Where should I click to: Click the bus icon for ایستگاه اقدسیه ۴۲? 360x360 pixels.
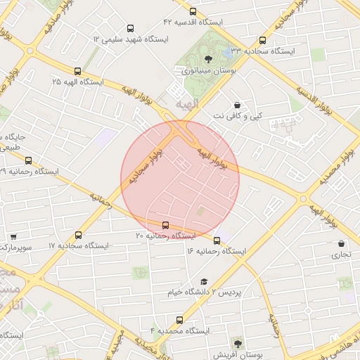(193, 11)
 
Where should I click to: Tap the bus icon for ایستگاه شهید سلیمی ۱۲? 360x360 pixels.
(130, 28)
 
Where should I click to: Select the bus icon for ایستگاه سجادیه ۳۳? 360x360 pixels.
(263, 40)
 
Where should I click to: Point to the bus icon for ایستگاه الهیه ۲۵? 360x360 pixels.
(77, 71)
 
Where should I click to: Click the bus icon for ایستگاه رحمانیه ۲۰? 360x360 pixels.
(165, 225)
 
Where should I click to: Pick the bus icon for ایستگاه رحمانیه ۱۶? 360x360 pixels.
(217, 240)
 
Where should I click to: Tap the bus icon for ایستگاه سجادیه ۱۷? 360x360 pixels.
(77, 235)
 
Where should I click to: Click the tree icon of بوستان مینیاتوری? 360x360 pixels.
(208, 59)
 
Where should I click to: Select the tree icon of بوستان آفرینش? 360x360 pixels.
(238, 344)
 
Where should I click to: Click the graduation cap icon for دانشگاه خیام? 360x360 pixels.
(203, 281)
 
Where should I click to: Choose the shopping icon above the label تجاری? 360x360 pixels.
(341, 243)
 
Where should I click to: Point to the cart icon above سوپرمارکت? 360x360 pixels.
(13, 237)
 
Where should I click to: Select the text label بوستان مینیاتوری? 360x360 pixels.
(209, 71)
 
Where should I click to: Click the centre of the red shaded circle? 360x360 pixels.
(180, 179)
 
